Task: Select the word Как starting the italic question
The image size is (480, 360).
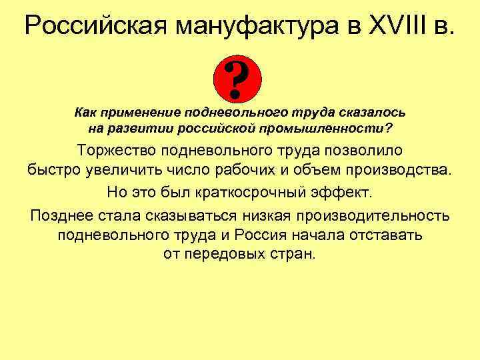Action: [x=84, y=112]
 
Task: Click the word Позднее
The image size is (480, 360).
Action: [x=60, y=215]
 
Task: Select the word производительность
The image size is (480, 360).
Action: [x=374, y=215]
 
